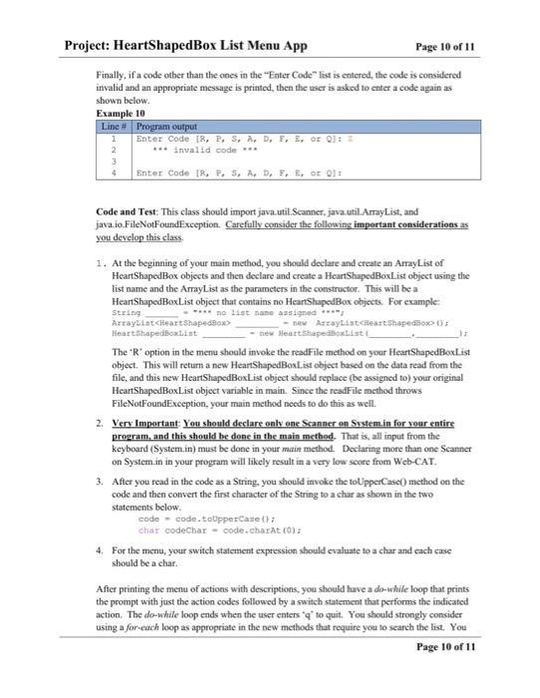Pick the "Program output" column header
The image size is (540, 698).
(x=166, y=127)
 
